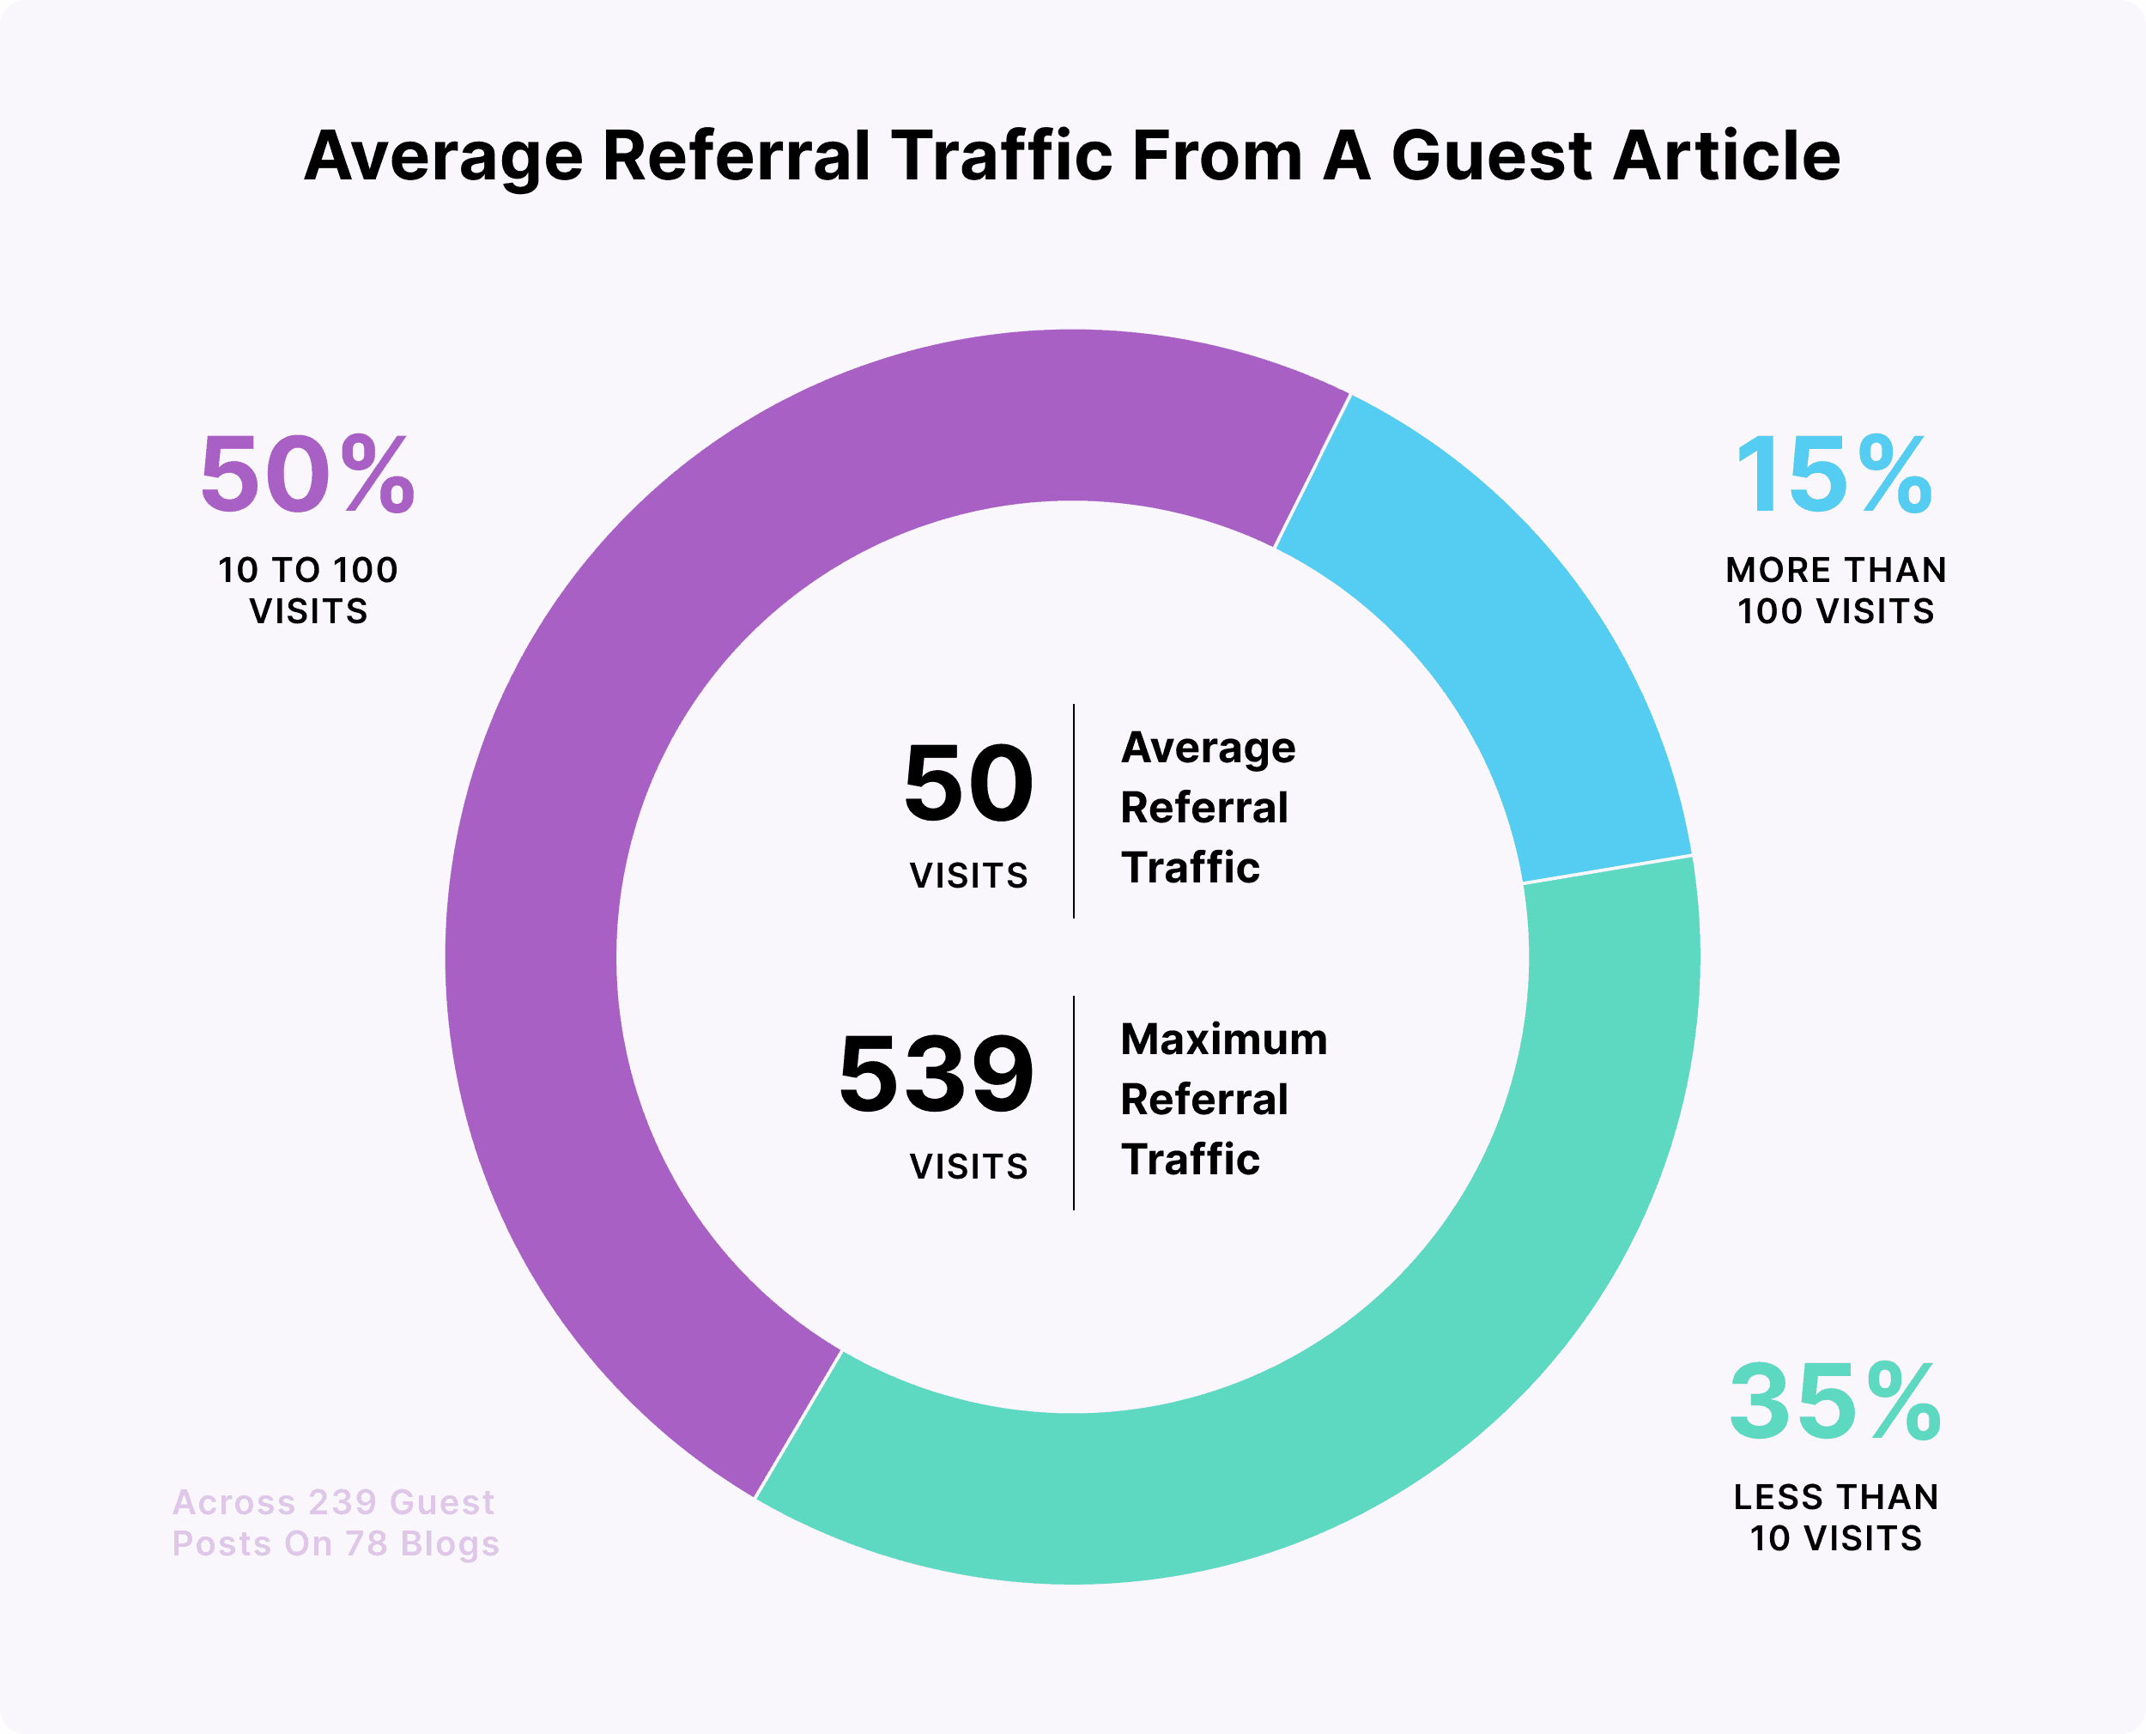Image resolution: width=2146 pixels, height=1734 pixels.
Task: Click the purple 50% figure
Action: click(307, 476)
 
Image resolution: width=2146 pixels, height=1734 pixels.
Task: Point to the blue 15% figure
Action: click(1834, 476)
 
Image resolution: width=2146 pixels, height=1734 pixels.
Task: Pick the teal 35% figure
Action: click(1834, 1403)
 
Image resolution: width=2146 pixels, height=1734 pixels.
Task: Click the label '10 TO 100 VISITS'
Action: click(307, 590)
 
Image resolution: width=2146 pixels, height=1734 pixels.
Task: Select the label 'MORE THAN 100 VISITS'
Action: click(1835, 590)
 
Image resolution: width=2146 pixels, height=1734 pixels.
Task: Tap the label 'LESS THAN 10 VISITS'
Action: click(1835, 1516)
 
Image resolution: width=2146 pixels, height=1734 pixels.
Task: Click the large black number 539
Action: click(936, 1075)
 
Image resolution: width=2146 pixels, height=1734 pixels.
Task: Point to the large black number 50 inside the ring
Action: click(967, 784)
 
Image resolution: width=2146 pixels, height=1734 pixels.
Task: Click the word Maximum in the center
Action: click(1223, 1040)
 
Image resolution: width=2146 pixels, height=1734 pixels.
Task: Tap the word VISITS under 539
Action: click(967, 1167)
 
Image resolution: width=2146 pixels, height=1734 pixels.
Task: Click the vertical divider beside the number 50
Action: click(1074, 811)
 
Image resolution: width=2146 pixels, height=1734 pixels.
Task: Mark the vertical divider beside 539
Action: click(1074, 1103)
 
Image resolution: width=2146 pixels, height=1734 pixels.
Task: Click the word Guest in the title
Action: click(1492, 157)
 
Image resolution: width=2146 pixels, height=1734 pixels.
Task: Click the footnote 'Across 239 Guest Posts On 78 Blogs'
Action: click(335, 1522)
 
